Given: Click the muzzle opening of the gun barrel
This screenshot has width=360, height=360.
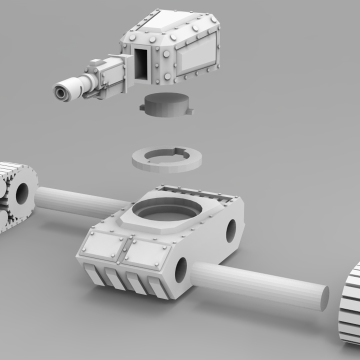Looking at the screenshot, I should coord(62,92).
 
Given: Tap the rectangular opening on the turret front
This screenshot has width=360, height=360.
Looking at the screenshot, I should coord(141,63).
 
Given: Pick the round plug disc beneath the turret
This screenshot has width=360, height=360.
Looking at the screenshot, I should coord(165,104).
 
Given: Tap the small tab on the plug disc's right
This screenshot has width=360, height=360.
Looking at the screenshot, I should coord(189,111).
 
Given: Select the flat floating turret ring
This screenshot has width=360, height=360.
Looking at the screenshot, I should coord(166,159).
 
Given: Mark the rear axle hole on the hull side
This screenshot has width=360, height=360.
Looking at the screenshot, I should coord(231,230).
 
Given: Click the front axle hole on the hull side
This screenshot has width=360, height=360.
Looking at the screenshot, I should coord(180,269).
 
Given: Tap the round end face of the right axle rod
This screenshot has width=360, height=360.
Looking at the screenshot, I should coord(324,298).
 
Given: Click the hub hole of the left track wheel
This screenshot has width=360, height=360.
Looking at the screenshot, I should coord(21,194).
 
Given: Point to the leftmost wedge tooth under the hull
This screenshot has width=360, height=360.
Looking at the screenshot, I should coord(94,274).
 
